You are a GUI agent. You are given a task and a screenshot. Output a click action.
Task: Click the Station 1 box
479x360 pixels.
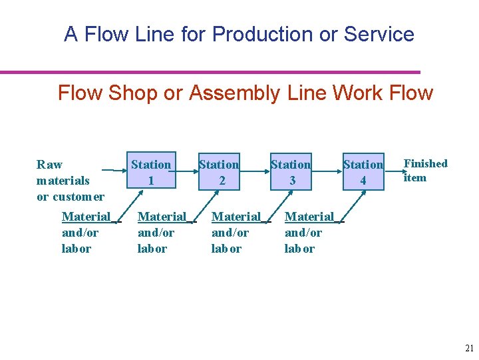pyautogui.click(x=151, y=172)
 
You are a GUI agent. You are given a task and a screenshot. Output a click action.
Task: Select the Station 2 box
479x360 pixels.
pyautogui.click(x=220, y=172)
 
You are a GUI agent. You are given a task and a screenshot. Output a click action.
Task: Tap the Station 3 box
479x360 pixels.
pyautogui.click(x=291, y=172)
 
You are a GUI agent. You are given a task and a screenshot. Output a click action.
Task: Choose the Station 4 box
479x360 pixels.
pyautogui.click(x=363, y=172)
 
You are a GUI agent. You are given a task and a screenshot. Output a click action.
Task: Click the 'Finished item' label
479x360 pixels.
pyautogui.click(x=426, y=171)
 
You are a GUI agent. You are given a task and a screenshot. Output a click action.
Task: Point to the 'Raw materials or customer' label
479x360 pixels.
pyautogui.click(x=70, y=180)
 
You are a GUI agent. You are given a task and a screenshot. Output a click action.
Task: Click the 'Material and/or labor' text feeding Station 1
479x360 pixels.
pyautogui.click(x=86, y=232)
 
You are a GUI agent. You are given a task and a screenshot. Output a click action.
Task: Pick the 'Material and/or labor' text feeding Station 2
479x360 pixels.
pyautogui.click(x=162, y=232)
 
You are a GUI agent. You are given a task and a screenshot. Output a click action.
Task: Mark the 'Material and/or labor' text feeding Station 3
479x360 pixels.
pyautogui.click(x=236, y=232)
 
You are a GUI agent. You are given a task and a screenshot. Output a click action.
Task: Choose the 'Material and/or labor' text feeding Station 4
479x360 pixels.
pyautogui.click(x=309, y=232)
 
